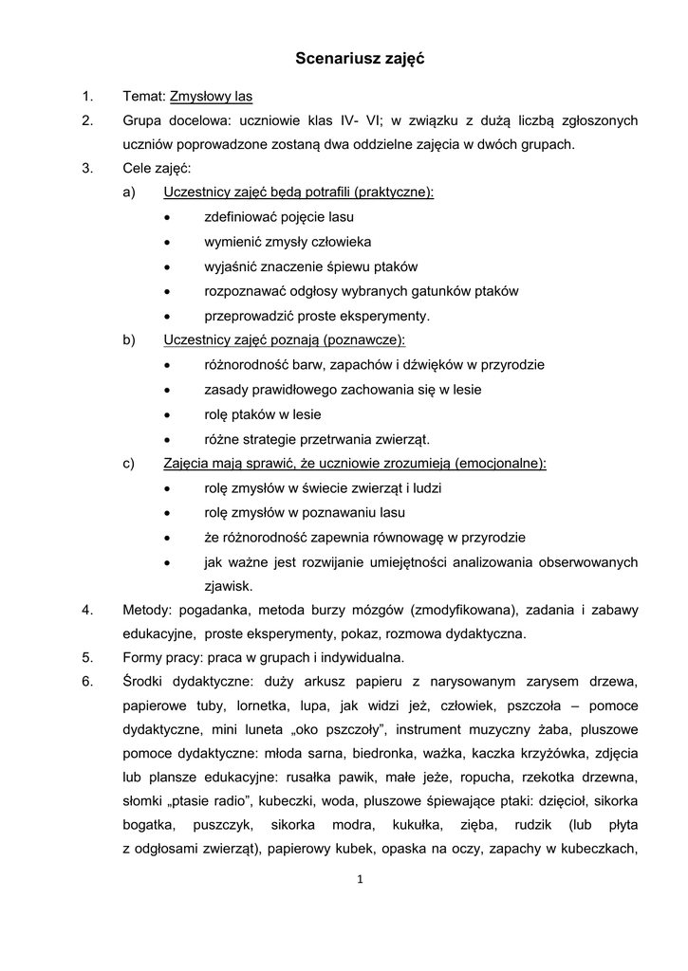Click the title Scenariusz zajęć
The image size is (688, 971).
pos(359,59)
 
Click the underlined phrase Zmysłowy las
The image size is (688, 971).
pos(211,97)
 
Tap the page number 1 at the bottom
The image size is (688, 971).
pos(361,879)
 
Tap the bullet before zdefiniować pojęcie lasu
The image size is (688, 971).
pos(167,218)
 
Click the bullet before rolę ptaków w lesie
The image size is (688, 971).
pos(167,414)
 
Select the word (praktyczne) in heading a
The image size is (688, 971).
pos(393,193)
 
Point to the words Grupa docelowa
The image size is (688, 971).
pos(169,120)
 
